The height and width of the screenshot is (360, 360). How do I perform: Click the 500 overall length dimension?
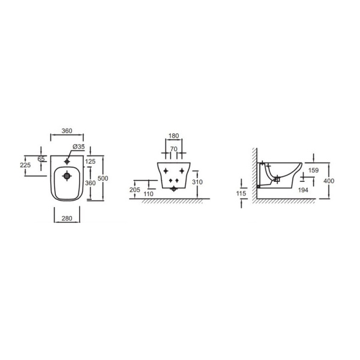(x=103, y=178)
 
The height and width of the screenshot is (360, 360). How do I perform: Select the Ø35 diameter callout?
(x=79, y=146)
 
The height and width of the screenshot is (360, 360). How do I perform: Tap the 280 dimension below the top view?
(x=67, y=218)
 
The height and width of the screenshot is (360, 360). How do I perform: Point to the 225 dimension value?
(x=25, y=165)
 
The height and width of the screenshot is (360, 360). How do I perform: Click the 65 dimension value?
(x=41, y=158)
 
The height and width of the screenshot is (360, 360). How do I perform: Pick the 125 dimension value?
(x=90, y=161)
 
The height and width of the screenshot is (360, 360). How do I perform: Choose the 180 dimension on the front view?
(x=173, y=136)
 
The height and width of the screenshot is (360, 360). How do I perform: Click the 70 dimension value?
(x=174, y=149)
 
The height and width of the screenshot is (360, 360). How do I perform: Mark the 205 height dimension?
(x=135, y=190)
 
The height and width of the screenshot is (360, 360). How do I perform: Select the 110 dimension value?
(x=148, y=194)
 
